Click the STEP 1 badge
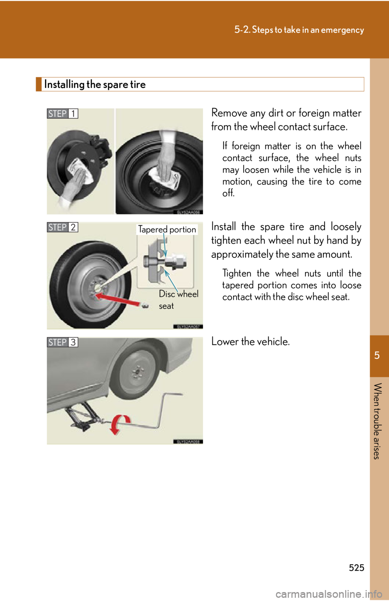point(62,114)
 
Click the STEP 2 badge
point(62,227)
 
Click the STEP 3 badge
point(62,342)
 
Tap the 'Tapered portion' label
point(167,230)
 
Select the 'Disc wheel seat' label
point(178,300)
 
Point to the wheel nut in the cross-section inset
point(177,261)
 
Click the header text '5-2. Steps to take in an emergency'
point(299,30)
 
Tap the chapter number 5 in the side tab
point(377,356)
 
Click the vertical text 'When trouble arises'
point(377,421)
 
